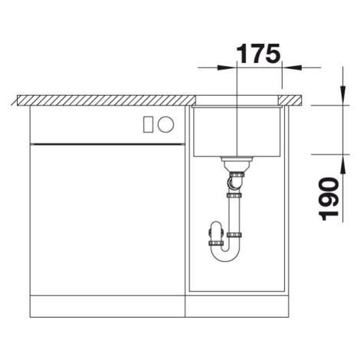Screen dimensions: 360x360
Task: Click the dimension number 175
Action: point(259,54)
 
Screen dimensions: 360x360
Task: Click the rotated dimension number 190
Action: point(329,199)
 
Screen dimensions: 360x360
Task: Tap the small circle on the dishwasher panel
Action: point(166,125)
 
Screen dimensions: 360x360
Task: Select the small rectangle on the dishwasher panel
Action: point(149,125)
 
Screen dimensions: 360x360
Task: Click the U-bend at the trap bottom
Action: point(224,253)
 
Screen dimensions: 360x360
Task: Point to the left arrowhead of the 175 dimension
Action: point(226,67)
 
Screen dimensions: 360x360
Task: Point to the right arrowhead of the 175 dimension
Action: point(293,67)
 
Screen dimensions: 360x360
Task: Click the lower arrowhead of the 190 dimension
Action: point(343,165)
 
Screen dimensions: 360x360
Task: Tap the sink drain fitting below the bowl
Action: point(237,164)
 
